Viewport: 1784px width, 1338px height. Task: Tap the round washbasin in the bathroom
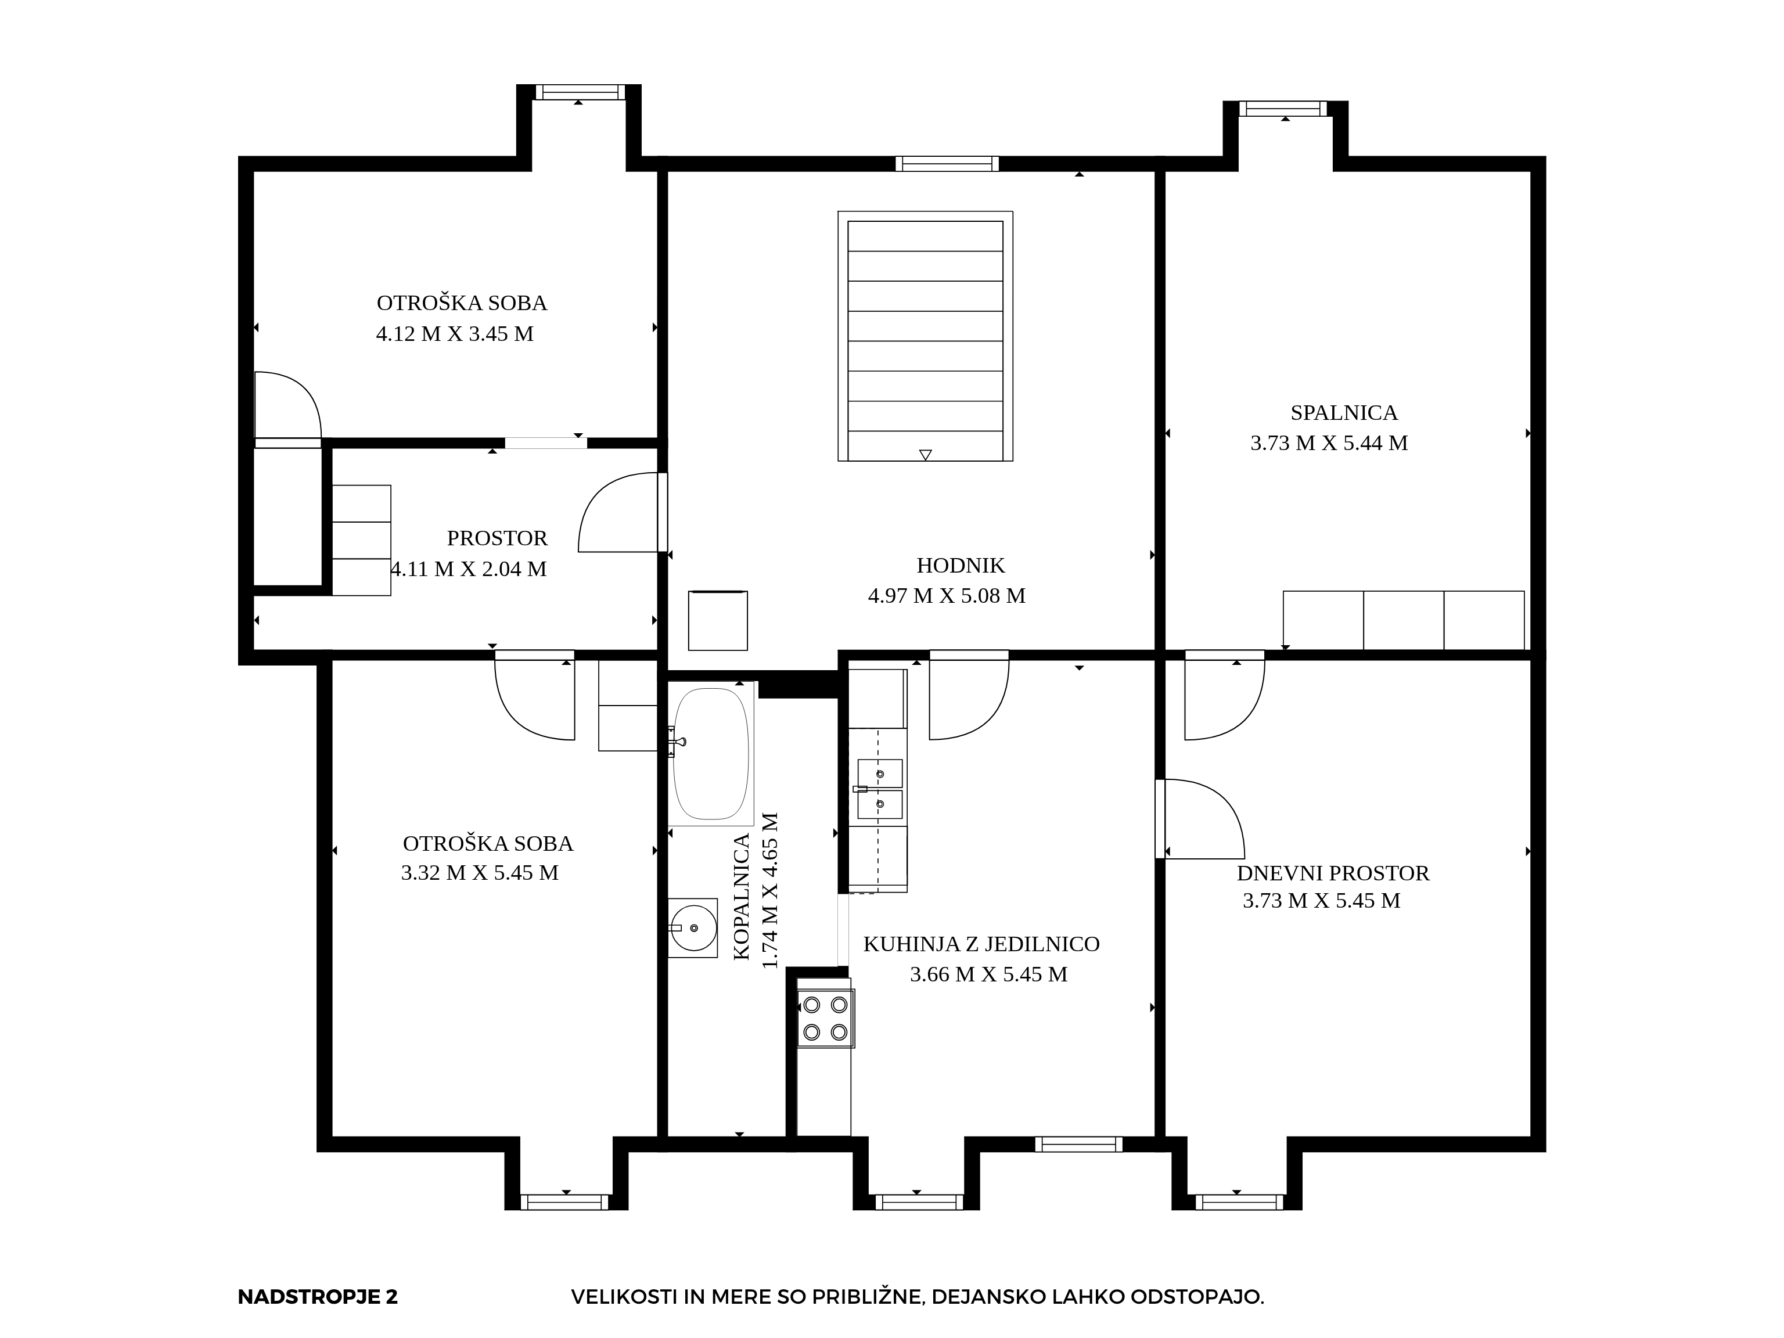tap(693, 927)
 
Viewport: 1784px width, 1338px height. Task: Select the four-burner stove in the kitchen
tap(826, 1018)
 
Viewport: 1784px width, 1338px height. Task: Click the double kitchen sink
tap(879, 789)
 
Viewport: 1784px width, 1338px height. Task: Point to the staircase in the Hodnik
tap(925, 336)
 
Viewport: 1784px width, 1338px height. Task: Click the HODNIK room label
tap(961, 566)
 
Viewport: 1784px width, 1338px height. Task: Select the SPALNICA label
tap(1344, 413)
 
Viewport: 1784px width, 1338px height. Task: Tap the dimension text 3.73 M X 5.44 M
tap(1329, 443)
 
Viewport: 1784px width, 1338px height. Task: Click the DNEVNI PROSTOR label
tap(1333, 873)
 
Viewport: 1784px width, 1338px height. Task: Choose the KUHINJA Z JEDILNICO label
tap(981, 944)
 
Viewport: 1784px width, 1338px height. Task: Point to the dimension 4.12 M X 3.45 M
tap(455, 334)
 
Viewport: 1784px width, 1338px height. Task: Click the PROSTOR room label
tap(497, 538)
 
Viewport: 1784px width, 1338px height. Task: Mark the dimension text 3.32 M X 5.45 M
tap(480, 873)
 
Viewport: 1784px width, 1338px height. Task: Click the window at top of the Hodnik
tap(947, 164)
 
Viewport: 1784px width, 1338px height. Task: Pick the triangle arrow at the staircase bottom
tap(926, 455)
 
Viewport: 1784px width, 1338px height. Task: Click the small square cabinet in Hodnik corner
tap(718, 620)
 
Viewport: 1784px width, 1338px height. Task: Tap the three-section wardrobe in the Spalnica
tap(1403, 620)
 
